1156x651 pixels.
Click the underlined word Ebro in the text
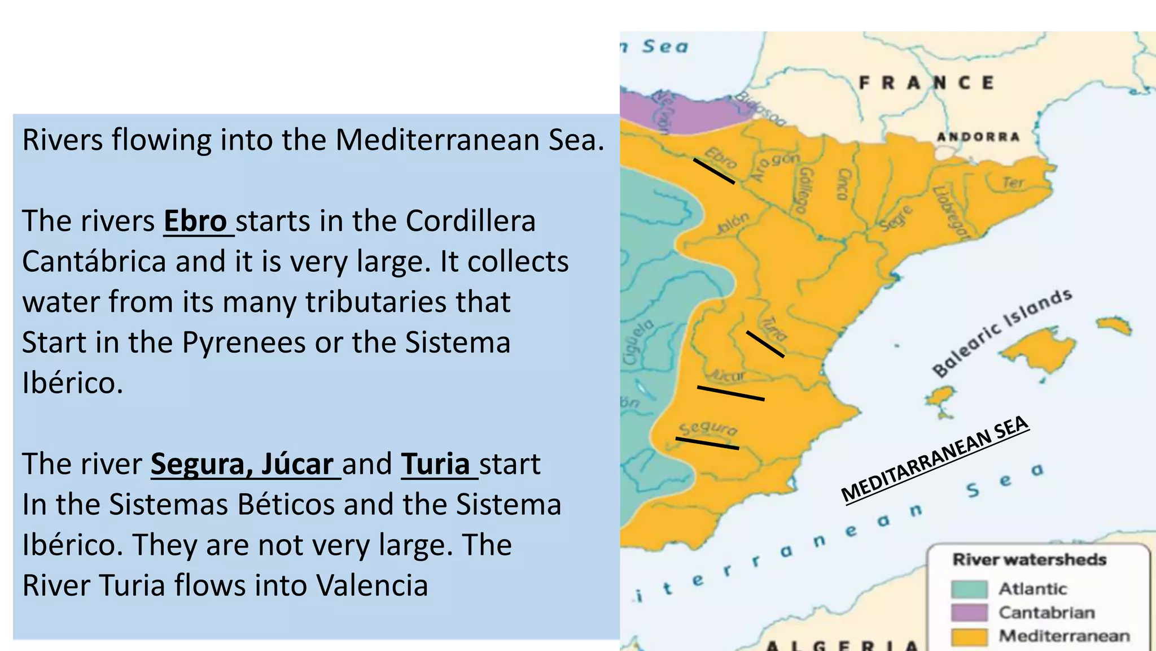click(195, 221)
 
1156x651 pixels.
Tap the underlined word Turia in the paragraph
click(436, 464)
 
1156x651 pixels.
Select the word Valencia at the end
click(372, 585)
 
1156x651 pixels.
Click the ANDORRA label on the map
click(978, 137)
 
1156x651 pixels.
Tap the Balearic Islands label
click(1001, 333)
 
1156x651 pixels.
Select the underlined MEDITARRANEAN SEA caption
click(935, 459)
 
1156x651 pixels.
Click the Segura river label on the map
click(708, 428)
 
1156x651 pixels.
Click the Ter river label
click(1013, 183)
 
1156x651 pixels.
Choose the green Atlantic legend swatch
click(969, 589)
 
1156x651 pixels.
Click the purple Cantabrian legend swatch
click(969, 613)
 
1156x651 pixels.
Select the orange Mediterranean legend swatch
click(969, 636)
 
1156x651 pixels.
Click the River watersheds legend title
click(1029, 559)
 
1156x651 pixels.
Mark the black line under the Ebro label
click(714, 171)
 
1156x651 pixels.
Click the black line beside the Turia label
click(765, 344)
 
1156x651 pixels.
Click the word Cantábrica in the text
click(94, 262)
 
